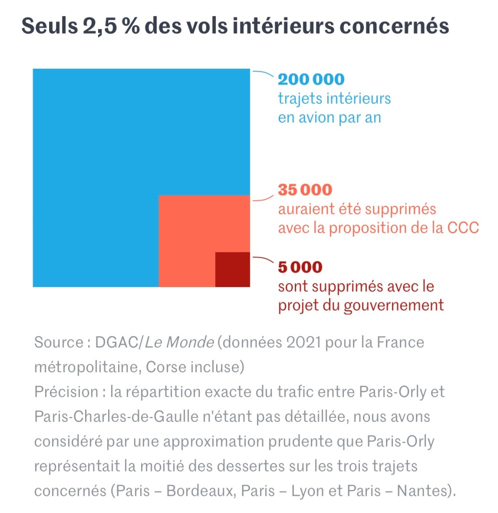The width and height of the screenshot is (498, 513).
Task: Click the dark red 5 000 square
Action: tap(232, 270)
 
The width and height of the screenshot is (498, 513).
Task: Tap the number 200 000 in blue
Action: tap(311, 80)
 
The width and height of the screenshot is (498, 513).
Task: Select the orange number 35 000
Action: tap(305, 190)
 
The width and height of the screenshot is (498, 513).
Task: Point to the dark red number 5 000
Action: tap(300, 268)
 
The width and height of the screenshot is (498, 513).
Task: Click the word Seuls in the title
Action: tap(47, 26)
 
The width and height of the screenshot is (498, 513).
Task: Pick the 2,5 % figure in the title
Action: tap(111, 26)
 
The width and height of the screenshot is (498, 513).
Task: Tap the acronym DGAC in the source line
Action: tap(116, 343)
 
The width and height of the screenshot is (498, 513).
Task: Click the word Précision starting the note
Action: tap(66, 392)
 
